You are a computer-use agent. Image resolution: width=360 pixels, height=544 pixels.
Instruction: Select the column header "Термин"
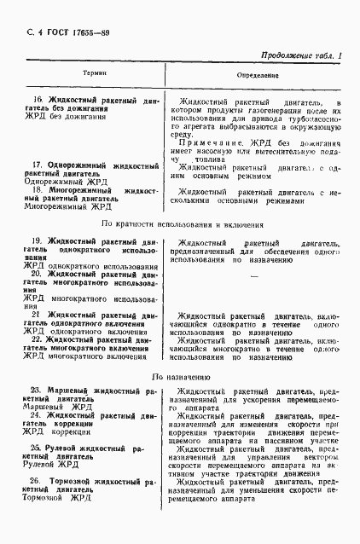pos(93,76)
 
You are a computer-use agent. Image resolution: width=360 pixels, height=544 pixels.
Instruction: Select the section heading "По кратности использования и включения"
pos(181,224)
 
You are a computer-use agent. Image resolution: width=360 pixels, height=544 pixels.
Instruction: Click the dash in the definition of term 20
pos(253,275)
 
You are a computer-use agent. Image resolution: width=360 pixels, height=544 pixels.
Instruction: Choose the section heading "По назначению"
pos(181,376)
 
